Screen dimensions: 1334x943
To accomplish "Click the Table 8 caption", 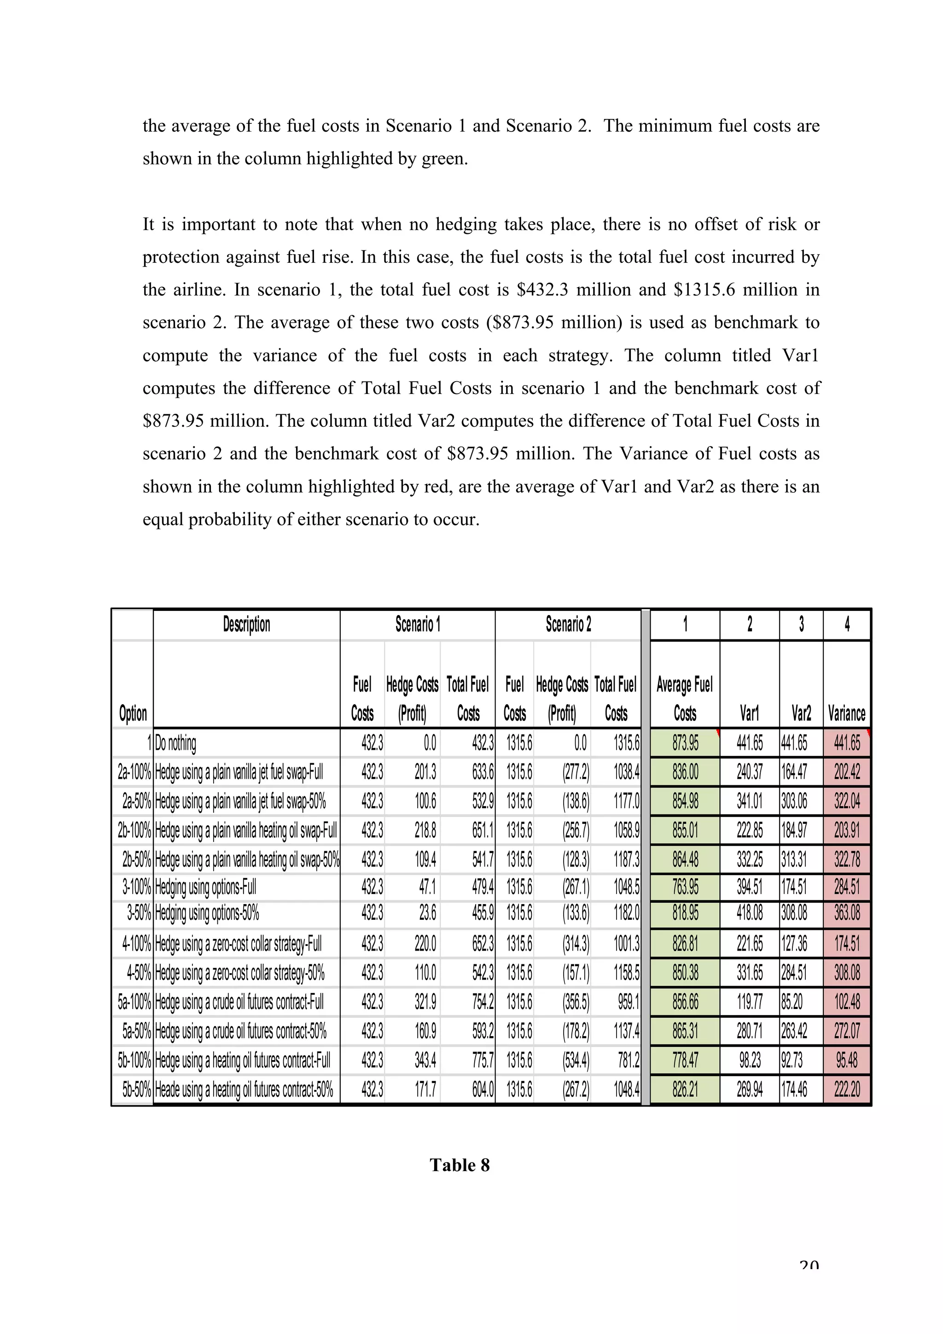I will point(460,1165).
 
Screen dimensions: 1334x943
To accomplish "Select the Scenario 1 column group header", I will point(417,625).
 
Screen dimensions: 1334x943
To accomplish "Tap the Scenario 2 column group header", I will point(568,625).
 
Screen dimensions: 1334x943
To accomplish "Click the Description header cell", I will point(246,625).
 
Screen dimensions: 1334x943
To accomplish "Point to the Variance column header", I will point(847,713).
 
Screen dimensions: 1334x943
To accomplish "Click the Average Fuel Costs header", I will point(684,698).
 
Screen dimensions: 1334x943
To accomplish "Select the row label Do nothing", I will point(175,743).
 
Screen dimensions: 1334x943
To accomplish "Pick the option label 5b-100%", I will point(134,1061).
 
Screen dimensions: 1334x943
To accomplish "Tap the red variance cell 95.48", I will point(847,1061).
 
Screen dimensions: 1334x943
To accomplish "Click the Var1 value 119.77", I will point(750,1002).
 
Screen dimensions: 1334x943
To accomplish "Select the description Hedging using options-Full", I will point(205,887).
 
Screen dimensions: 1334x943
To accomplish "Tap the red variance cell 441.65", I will point(847,743).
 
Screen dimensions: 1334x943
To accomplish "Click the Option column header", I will point(133,713).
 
